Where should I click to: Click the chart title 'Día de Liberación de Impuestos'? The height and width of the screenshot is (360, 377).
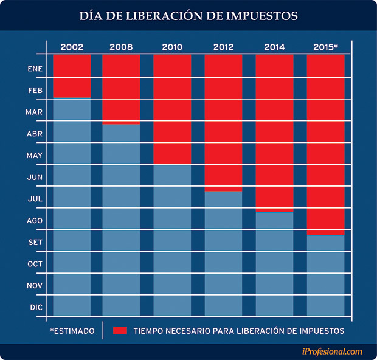(188, 16)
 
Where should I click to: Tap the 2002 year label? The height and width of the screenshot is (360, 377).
(72, 47)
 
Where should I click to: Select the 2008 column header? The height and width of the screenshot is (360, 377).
(122, 47)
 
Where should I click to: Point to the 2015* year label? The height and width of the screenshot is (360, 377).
(327, 47)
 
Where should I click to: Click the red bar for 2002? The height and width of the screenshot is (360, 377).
(72, 75)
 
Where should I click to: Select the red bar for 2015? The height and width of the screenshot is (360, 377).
(326, 143)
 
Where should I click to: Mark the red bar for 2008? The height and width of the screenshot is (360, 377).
(122, 89)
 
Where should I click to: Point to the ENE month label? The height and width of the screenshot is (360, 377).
(35, 69)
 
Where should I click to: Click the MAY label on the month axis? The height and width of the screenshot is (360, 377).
(35, 156)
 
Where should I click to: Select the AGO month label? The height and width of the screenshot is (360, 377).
(35, 221)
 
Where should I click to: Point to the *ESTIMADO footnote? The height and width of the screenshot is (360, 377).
(72, 331)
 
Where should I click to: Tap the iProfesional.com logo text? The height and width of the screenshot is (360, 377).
(332, 351)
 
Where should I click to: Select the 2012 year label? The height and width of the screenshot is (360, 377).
(224, 47)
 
